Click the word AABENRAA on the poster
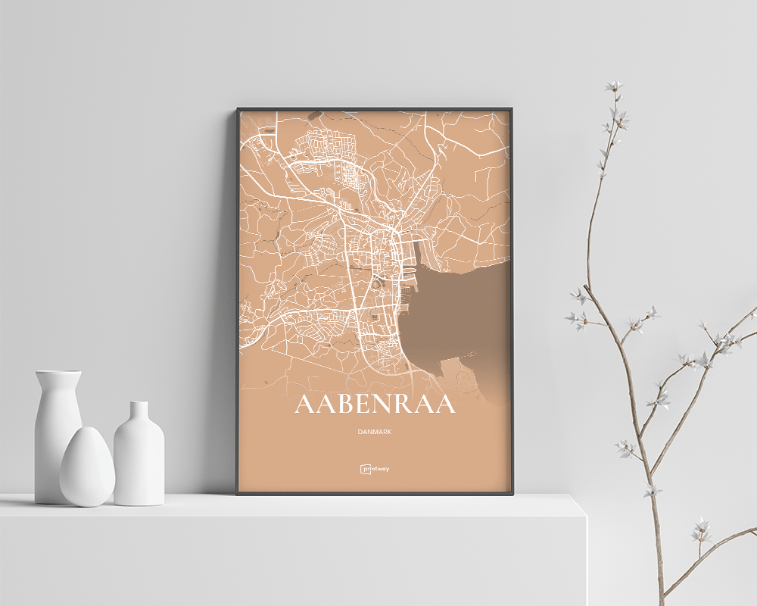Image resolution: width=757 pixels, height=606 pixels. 375,405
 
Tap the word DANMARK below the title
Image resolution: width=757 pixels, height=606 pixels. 375,432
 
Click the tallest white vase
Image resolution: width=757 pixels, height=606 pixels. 57,432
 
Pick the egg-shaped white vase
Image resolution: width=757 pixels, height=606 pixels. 87,467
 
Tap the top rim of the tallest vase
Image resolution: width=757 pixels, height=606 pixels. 58,373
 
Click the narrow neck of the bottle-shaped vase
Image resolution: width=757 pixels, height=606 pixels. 139,414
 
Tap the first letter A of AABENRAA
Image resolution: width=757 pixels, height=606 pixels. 304,405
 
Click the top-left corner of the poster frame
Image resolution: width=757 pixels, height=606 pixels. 237,109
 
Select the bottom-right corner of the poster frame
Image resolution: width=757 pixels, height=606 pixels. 515,494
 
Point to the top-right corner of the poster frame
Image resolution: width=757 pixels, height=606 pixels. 515,109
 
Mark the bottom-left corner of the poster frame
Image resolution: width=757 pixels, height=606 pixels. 237,494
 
